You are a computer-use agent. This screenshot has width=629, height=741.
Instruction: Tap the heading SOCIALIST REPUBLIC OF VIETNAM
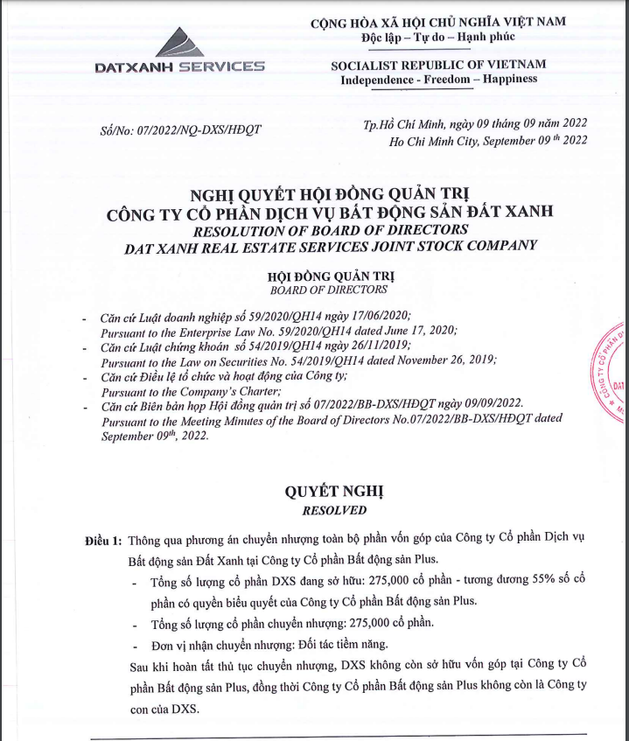[438, 65]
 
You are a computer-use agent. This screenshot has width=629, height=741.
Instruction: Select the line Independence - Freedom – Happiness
[438, 80]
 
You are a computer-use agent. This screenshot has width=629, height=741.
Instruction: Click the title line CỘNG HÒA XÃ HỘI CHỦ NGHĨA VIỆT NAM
[438, 22]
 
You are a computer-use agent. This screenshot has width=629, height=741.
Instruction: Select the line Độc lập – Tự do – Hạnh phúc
[438, 37]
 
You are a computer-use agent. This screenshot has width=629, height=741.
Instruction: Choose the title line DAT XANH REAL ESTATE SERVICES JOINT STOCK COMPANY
[329, 246]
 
